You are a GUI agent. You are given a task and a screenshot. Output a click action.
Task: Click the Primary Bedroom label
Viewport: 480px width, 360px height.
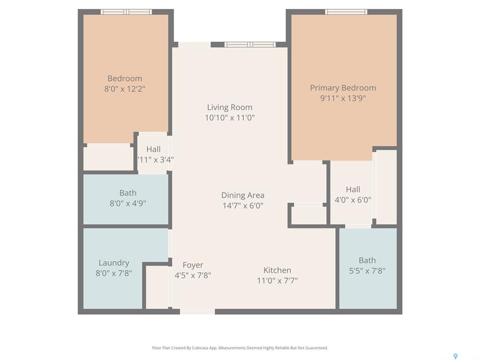pos(343,88)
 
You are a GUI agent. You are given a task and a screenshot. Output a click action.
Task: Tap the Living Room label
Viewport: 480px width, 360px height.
pos(230,107)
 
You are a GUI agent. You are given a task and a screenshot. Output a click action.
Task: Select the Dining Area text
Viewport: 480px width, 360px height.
pos(243,195)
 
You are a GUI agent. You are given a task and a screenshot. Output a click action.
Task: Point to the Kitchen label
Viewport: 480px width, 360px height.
pos(277,270)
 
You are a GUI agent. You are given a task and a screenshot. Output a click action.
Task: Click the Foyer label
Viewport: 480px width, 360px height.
pos(193,265)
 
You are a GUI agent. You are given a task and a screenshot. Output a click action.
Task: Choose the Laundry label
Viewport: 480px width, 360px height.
pos(114,263)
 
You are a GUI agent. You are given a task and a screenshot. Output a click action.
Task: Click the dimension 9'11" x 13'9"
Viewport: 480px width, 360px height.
pos(343,98)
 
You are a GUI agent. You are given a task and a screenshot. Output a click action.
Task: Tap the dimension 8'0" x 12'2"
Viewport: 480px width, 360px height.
pos(125,89)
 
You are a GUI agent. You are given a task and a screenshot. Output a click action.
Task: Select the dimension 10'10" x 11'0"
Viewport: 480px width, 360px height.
pos(230,118)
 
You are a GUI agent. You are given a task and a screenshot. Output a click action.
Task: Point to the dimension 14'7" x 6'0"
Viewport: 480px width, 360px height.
pos(243,205)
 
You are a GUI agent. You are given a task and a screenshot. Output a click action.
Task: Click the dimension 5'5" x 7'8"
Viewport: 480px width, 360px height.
pos(367,270)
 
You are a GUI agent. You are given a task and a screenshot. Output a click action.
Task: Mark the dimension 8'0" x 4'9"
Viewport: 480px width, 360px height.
pos(127,203)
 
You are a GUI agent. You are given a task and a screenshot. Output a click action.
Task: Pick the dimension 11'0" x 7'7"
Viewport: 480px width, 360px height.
pos(277,280)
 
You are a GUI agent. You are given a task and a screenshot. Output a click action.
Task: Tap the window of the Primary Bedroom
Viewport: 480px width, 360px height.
pos(346,12)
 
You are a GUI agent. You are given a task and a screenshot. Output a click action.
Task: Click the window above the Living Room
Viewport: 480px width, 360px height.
pos(250,45)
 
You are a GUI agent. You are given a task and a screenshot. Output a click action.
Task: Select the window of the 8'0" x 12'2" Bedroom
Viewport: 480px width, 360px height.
pos(126,12)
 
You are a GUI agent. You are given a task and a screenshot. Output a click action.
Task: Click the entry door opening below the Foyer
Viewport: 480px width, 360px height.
pos(197,312)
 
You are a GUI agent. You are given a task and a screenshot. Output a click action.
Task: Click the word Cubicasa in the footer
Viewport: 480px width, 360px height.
pos(201,348)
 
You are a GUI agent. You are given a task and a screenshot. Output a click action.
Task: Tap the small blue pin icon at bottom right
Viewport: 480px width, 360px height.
pos(456,356)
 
